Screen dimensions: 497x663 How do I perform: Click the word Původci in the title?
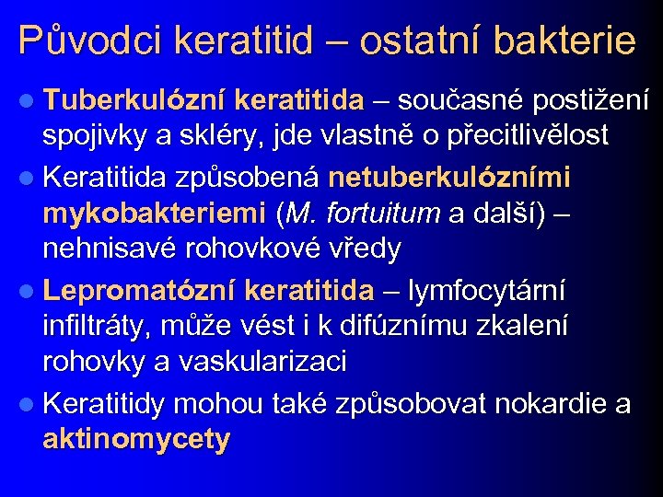(x=88, y=41)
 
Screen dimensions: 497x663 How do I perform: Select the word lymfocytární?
(x=489, y=289)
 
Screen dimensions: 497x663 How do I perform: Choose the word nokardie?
(x=535, y=402)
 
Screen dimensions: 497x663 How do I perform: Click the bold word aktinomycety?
(x=136, y=440)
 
